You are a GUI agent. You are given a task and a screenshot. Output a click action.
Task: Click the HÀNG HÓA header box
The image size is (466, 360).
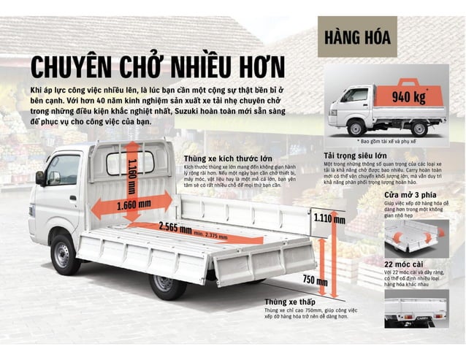point(358,36)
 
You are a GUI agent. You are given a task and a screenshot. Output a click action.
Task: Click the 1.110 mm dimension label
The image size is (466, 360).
point(329,218)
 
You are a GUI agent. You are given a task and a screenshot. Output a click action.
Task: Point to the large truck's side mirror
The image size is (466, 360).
point(40,178)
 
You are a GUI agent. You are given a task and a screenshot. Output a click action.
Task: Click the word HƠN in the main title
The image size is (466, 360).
point(256,66)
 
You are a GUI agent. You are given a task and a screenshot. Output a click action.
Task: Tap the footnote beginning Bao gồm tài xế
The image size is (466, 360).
point(387,140)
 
